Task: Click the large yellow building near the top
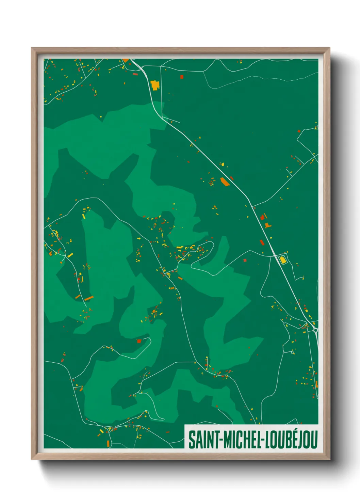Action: (155, 85)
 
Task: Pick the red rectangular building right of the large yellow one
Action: (182, 77)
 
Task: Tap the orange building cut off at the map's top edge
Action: (126, 60)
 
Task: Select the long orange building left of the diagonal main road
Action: (225, 182)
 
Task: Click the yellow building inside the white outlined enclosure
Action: (282, 260)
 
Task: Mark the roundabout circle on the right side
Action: (315, 330)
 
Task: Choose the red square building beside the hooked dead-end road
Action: (139, 341)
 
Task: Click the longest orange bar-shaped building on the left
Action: (89, 298)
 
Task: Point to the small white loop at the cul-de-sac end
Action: (293, 353)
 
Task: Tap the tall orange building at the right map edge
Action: (316, 384)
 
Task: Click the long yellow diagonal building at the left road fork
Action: (70, 255)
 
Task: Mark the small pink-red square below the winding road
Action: (245, 260)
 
